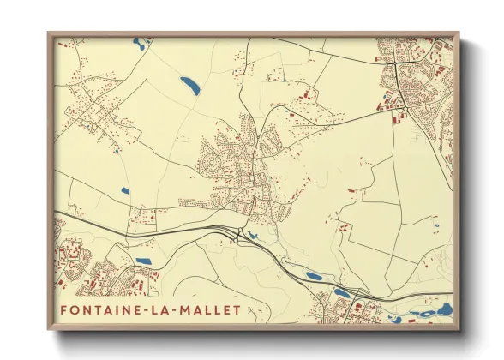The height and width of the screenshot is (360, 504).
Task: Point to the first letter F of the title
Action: click(63, 309)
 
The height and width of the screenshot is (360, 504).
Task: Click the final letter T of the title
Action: click(237, 309)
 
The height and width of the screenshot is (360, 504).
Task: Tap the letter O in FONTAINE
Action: click(75, 309)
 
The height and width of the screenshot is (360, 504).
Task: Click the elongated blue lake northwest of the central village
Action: click(189, 85)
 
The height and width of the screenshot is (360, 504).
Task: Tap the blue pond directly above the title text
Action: click(142, 260)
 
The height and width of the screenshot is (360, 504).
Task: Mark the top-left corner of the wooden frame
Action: click(50, 34)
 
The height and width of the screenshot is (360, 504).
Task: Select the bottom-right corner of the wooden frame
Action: click(459, 328)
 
